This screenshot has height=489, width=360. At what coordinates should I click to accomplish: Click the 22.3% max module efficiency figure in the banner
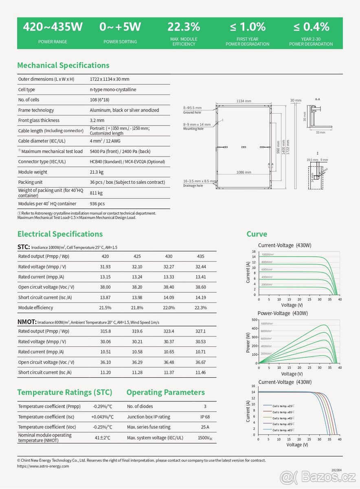pyautogui.click(x=184, y=27)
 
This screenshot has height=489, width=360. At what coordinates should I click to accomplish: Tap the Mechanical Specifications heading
pyautogui.click(x=63, y=65)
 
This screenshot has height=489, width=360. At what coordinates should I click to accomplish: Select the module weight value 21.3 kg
pyautogui.click(x=97, y=172)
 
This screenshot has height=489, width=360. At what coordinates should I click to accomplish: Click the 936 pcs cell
pyautogui.click(x=97, y=203)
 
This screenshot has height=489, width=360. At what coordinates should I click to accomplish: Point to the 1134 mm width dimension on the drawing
pyautogui.click(x=244, y=101)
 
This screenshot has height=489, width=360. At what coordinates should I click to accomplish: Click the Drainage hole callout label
pyautogui.click(x=193, y=185)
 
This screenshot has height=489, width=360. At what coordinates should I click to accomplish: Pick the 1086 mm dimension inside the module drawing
pyautogui.click(x=244, y=172)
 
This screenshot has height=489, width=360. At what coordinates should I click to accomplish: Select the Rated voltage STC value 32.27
pyautogui.click(x=169, y=267)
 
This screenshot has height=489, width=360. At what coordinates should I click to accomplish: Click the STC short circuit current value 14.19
pyautogui.click(x=200, y=297)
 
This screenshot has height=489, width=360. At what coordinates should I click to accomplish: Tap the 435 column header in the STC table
pyautogui.click(x=200, y=256)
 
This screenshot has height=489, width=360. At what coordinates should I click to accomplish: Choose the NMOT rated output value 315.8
pyautogui.click(x=105, y=331)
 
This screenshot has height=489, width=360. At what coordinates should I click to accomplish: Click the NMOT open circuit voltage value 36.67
pyautogui.click(x=200, y=362)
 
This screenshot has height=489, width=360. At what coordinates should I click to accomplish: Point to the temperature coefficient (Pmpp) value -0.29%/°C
pyautogui.click(x=102, y=406)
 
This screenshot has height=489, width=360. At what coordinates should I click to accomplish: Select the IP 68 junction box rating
pyautogui.click(x=205, y=417)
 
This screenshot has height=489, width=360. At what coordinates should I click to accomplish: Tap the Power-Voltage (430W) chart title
pyautogui.click(x=283, y=313)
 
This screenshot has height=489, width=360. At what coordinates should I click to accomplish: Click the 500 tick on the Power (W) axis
pyautogui.click(x=255, y=320)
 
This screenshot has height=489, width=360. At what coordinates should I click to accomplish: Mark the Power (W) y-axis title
pyautogui.click(x=248, y=342)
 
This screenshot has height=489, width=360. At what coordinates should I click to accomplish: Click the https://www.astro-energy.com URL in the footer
pyautogui.click(x=43, y=466)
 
